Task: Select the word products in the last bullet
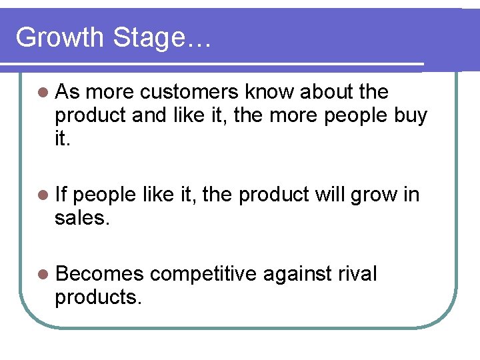[x=98, y=297]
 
